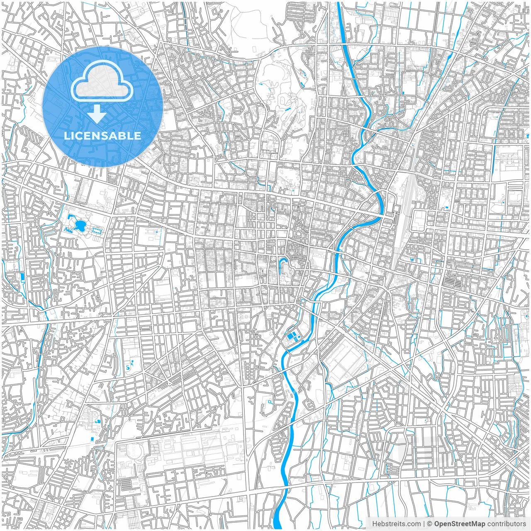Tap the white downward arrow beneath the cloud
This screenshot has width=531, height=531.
[x=97, y=114]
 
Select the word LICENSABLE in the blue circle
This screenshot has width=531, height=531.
[x=102, y=136]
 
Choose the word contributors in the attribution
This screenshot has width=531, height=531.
[x=507, y=524]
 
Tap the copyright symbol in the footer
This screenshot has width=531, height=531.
[x=430, y=524]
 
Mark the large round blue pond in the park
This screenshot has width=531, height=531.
[x=80, y=226]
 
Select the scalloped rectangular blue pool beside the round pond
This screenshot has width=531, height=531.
[x=96, y=229]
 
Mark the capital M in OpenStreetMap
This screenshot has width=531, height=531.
[x=472, y=524]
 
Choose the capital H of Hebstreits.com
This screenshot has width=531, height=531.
[x=375, y=524]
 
